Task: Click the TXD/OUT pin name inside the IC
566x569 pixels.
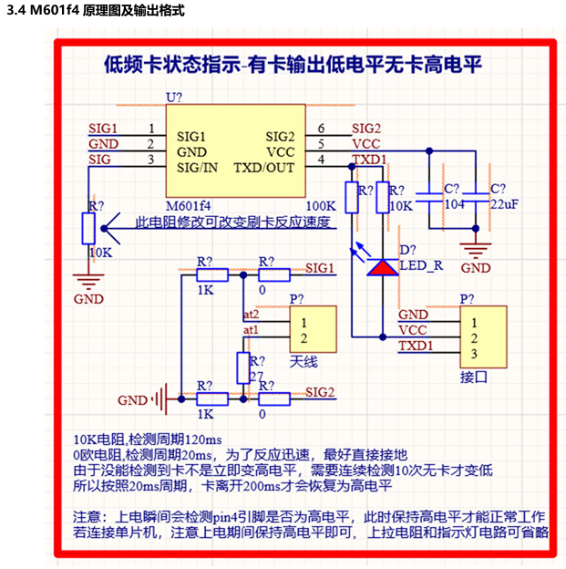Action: click(x=264, y=168)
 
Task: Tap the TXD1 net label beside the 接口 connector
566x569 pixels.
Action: click(x=416, y=346)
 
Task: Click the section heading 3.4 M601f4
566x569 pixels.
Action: click(x=95, y=12)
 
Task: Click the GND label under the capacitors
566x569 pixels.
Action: click(x=475, y=268)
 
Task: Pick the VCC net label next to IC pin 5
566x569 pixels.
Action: click(x=365, y=144)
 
